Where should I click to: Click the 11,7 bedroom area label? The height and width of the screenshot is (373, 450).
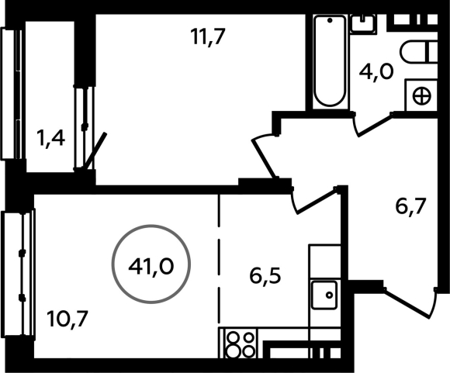pyautogui.click(x=207, y=36)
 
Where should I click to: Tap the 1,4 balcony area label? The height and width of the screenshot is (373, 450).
pyautogui.click(x=50, y=139)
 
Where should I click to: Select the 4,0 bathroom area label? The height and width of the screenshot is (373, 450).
pyautogui.click(x=376, y=72)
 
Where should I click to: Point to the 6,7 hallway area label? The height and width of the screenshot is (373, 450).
pyautogui.click(x=410, y=206)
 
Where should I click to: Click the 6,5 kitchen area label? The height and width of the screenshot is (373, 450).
pyautogui.click(x=265, y=276)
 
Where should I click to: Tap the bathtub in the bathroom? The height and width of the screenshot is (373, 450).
pyautogui.click(x=330, y=62)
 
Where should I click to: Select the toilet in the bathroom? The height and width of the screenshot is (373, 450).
pyautogui.click(x=419, y=52)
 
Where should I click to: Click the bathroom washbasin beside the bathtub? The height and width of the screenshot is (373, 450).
pyautogui.click(x=363, y=24)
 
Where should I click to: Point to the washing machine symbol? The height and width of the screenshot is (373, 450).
pyautogui.click(x=421, y=95)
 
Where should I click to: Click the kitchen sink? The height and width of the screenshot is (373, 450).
pyautogui.click(x=324, y=295)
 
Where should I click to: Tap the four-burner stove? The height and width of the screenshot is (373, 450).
pyautogui.click(x=241, y=344)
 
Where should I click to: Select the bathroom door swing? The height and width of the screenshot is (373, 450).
pyautogui.click(x=372, y=124)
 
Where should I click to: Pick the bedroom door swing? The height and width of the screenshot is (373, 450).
pyautogui.click(x=264, y=157)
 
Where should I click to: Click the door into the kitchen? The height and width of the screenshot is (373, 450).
pyautogui.click(x=315, y=200)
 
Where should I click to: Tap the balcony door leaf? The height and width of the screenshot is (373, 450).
pyautogui.click(x=95, y=150)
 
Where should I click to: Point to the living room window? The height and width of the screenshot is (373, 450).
pyautogui.click(x=19, y=274)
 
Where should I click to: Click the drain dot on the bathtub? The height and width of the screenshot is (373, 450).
pyautogui.click(x=330, y=20)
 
